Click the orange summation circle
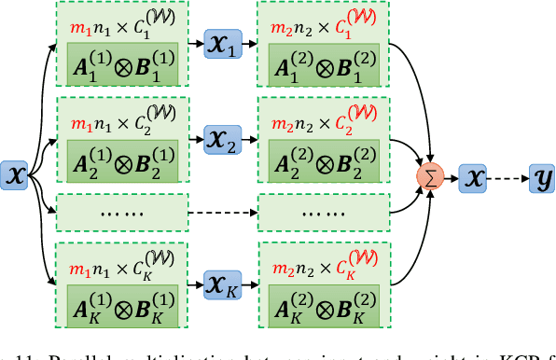point(430,174)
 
